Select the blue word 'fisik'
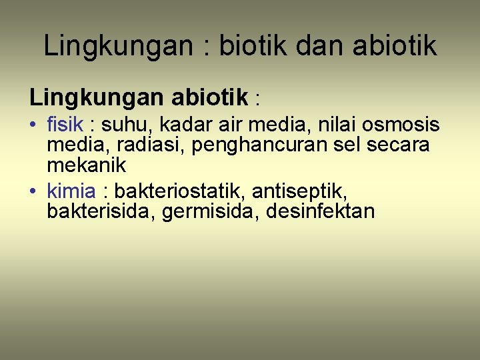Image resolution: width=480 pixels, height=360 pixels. tap(65, 125)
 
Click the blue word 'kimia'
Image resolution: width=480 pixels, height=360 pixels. tap(71, 191)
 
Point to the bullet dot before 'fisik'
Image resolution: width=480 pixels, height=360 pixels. tap(33, 125)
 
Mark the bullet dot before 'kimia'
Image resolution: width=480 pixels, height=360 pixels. tap(33, 192)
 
